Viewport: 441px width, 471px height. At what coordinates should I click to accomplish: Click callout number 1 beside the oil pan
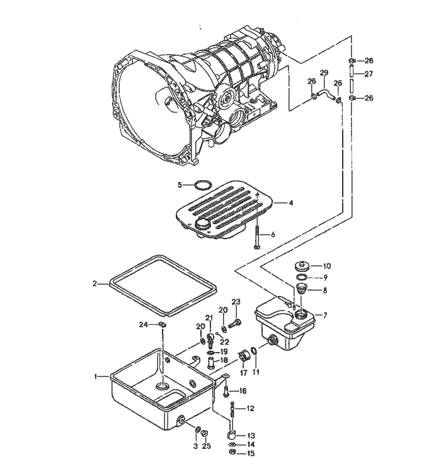coord(96,377)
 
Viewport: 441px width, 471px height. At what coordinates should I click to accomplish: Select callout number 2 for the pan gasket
coord(95,284)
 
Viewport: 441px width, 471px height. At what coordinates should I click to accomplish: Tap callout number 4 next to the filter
coord(291,203)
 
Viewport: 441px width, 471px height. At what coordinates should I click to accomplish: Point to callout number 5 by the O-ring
coord(180,185)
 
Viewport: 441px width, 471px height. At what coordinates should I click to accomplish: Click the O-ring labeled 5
coord(202,185)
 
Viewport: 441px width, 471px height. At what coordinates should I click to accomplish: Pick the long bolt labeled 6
coord(258,238)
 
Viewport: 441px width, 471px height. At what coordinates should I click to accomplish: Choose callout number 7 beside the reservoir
coord(325,314)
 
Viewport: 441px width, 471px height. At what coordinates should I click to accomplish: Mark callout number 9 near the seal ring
coord(326,277)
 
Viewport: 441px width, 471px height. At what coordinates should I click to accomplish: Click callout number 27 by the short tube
coord(369,74)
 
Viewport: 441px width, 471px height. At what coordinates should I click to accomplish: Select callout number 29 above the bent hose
coord(324,73)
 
